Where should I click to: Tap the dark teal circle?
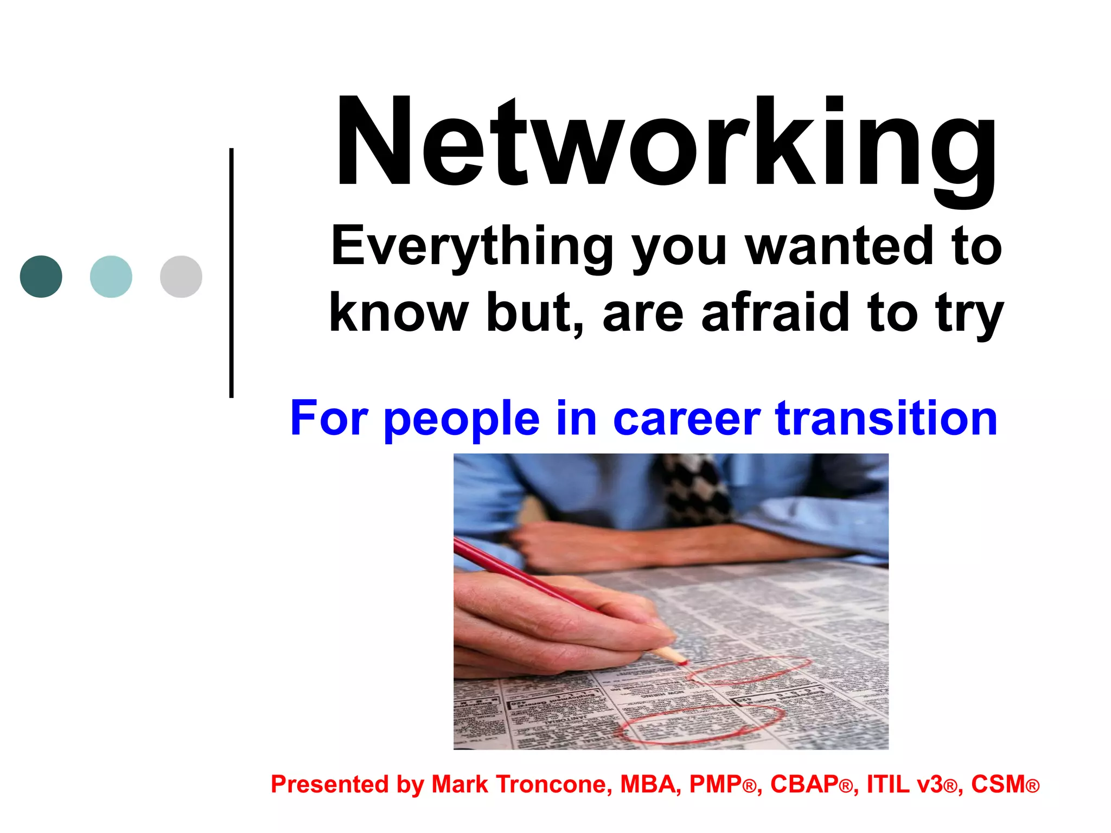click(41, 277)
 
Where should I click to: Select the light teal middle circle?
click(111, 277)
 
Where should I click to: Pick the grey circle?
click(181, 277)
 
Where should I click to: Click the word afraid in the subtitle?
click(776, 313)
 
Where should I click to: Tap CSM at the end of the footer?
click(997, 784)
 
